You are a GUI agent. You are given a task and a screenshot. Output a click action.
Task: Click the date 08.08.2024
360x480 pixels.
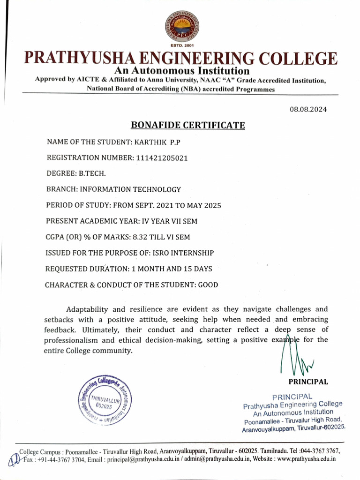pos(308,109)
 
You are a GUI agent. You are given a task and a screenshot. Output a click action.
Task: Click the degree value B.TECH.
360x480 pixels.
pos(92,173)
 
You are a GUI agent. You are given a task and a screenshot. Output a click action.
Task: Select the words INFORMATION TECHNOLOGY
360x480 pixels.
pos(130,189)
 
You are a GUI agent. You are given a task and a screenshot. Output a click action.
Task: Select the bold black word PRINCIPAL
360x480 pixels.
pos(308,382)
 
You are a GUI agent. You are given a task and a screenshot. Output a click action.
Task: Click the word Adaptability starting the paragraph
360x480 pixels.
pos(87,309)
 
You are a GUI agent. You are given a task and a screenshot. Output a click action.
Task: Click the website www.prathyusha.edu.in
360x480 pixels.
pos(307,459)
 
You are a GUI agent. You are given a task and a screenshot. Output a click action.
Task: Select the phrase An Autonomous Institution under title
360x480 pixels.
pos(182,71)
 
